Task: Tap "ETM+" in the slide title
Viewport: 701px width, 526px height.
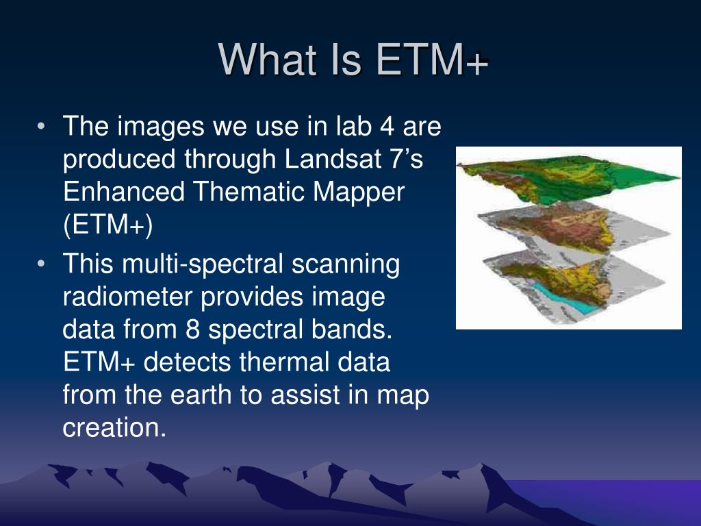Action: tap(433, 59)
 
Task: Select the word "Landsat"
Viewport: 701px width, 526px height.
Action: tap(333, 158)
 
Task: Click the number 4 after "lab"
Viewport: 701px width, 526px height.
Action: tap(387, 126)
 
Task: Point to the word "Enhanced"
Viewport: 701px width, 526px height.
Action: tap(124, 192)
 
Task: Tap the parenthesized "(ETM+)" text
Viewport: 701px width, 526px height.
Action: tap(108, 225)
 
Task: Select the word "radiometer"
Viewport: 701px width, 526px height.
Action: tap(127, 296)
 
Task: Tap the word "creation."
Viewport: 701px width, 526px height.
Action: tap(114, 427)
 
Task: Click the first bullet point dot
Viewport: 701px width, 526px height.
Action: tap(41, 126)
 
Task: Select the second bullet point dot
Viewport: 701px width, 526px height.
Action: tap(41, 264)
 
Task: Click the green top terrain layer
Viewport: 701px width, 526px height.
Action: tap(568, 178)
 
